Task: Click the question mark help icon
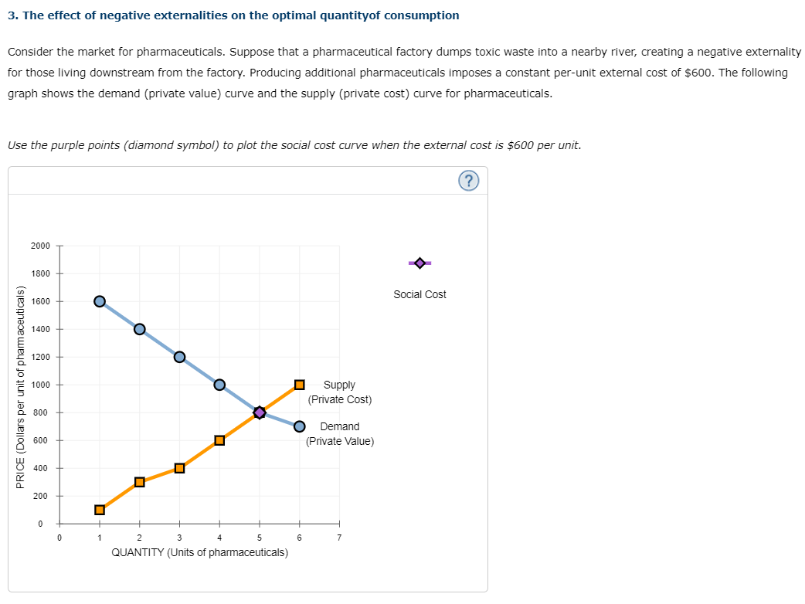469,181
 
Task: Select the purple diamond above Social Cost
419,263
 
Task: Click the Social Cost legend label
419,294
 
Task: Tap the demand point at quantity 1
100,301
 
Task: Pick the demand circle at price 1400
140,329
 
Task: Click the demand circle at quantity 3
179,357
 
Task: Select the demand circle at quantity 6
299,426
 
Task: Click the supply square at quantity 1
100,510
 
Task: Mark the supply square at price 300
140,482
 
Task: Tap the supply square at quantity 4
219,440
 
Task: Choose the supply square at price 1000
299,385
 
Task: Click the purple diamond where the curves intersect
260,412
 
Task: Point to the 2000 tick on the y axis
41,246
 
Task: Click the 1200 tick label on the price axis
41,357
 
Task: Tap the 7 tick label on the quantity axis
338,538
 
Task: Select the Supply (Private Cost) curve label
340,392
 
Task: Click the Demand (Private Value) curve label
340,434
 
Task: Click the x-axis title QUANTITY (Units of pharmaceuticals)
200,552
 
